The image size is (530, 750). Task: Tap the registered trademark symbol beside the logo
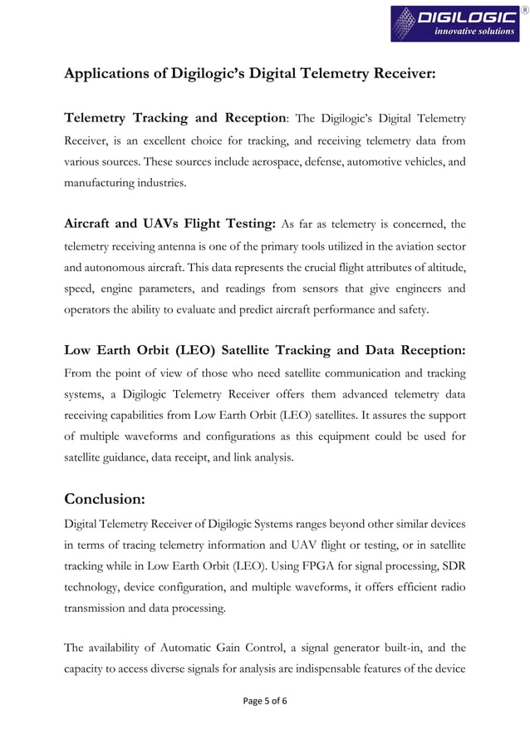point(523,10)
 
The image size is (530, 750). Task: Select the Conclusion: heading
point(105,499)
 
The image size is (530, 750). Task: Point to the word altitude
point(439,268)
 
